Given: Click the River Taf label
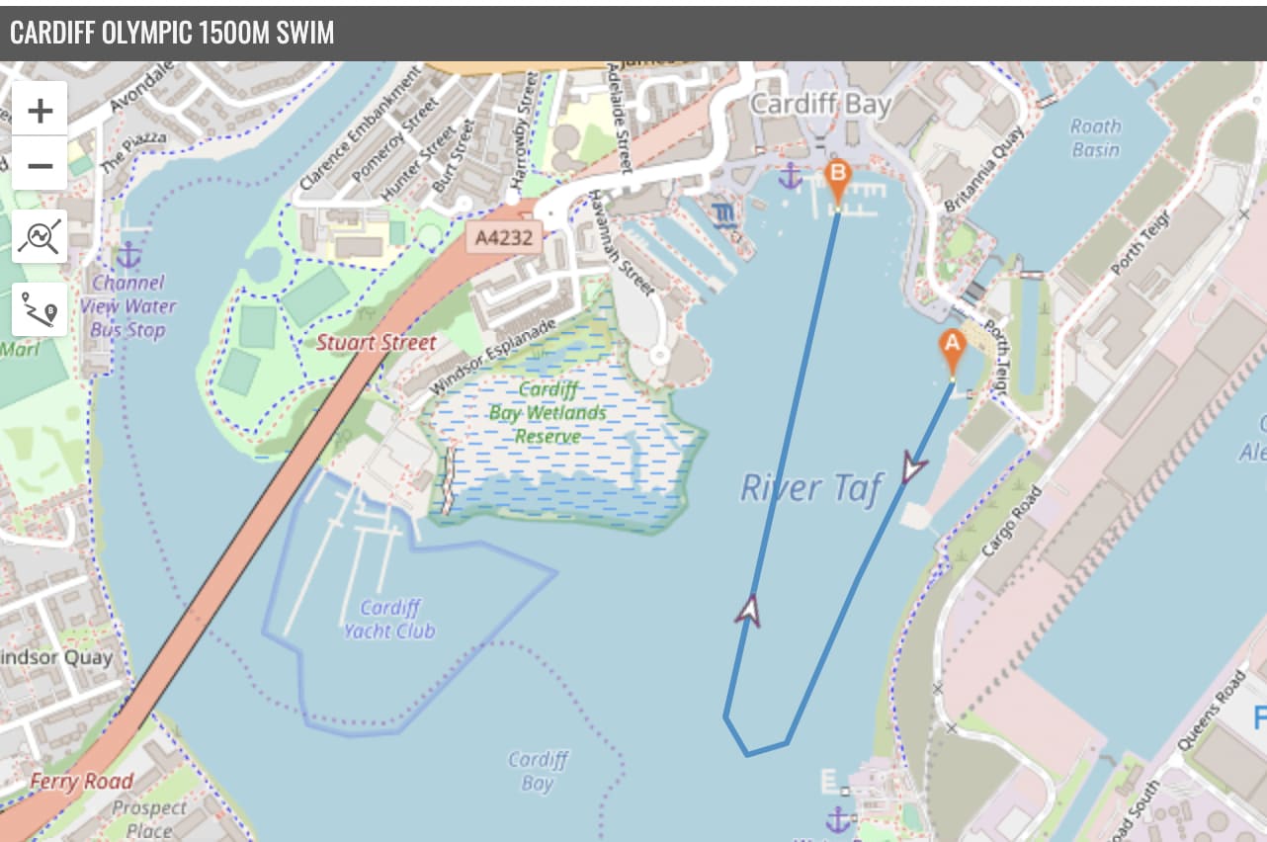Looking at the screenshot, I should (810, 487).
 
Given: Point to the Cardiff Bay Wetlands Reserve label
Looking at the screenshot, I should (547, 412).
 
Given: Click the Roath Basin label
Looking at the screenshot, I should (1095, 138).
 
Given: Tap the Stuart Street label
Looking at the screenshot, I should (376, 343).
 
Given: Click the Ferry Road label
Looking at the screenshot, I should (81, 782).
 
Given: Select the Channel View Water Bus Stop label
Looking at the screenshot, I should (128, 306).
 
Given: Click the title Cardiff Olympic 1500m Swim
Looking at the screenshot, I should (172, 33).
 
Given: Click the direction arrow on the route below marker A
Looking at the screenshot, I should (911, 467).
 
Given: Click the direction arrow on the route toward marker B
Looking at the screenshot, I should (749, 610).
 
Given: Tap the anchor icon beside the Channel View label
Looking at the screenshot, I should (128, 255).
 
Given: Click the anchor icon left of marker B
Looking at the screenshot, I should (789, 178).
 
